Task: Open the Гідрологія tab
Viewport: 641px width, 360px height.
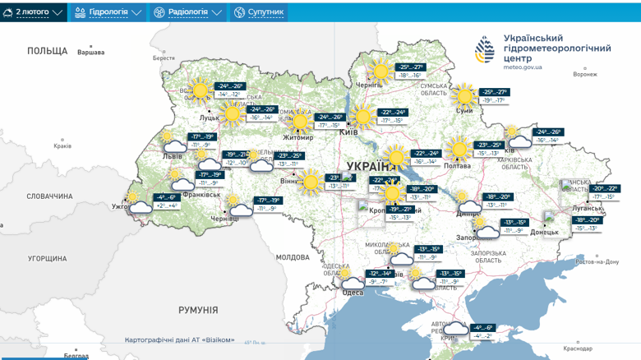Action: tap(108, 12)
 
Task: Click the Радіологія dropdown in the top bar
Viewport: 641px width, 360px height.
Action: tap(188, 12)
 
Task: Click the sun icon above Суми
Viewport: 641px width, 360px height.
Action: tap(465, 94)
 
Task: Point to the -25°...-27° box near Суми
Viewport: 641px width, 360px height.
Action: tap(495, 96)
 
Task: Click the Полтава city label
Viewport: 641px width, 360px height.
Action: tap(457, 165)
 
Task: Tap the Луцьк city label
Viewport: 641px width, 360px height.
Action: tap(209, 118)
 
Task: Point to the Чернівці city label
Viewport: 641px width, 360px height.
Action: tap(224, 219)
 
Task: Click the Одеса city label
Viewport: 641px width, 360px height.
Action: tap(353, 293)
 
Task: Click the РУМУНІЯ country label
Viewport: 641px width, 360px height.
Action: tap(198, 310)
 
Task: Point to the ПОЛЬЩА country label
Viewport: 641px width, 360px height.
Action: tap(47, 51)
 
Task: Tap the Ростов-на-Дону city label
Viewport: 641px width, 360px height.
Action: tap(597, 261)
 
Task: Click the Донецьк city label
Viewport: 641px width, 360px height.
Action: tap(544, 232)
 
